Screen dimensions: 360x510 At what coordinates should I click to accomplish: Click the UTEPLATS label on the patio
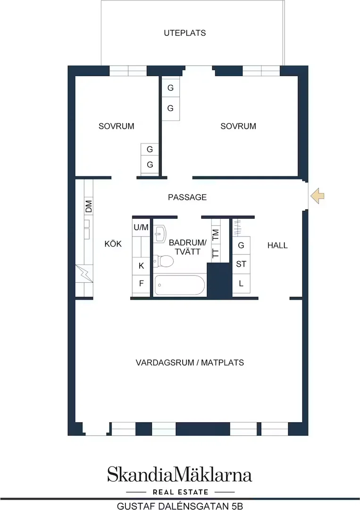(x=184, y=33)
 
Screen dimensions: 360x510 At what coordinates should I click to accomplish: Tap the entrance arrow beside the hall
(x=318, y=196)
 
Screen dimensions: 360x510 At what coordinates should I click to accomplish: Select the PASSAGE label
(x=187, y=197)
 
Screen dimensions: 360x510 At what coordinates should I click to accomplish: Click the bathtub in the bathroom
(x=180, y=285)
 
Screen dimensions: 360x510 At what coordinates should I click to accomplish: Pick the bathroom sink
(x=160, y=233)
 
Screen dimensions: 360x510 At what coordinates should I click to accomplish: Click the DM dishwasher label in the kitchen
(x=89, y=206)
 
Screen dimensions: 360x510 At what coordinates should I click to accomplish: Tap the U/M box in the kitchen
(x=141, y=227)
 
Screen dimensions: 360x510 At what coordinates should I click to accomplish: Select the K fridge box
(x=141, y=266)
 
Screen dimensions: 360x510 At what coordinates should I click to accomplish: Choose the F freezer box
(x=141, y=284)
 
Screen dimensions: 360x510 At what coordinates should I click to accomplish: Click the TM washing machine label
(x=216, y=235)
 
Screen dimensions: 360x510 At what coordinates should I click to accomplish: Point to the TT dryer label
(x=216, y=253)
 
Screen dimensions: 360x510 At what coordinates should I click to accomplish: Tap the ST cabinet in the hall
(x=241, y=264)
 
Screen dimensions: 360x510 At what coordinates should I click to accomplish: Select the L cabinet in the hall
(x=241, y=283)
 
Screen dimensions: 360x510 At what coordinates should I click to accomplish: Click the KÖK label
(x=113, y=244)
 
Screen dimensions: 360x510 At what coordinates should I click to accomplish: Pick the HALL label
(x=277, y=245)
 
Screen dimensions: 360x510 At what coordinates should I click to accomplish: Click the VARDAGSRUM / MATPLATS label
(x=190, y=362)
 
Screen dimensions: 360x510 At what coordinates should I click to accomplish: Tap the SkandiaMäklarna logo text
(x=180, y=475)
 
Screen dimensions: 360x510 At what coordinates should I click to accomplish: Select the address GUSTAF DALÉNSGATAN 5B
(x=180, y=506)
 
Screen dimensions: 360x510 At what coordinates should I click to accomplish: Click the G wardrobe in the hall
(x=241, y=245)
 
